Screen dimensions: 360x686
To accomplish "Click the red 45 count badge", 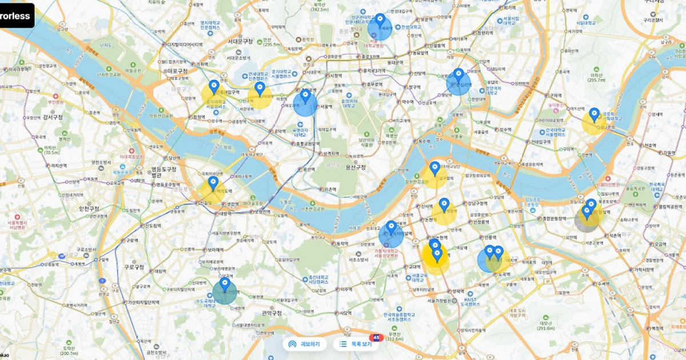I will tap(376, 337).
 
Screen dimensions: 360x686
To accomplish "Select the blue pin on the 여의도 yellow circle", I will tap(213, 183).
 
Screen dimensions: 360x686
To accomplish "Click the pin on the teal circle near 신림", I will tap(225, 283).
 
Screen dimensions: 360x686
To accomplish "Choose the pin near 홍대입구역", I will tap(214, 87).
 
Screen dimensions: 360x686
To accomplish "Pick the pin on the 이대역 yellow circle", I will tap(260, 89).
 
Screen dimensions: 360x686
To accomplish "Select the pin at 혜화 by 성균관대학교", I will tap(380, 20).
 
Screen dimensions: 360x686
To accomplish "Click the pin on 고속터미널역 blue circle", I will tap(392, 228).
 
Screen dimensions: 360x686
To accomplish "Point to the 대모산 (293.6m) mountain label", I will tap(545, 325).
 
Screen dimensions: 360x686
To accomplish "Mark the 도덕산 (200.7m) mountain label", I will tap(69, 350).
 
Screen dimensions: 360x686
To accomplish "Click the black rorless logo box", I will tap(16, 16).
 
